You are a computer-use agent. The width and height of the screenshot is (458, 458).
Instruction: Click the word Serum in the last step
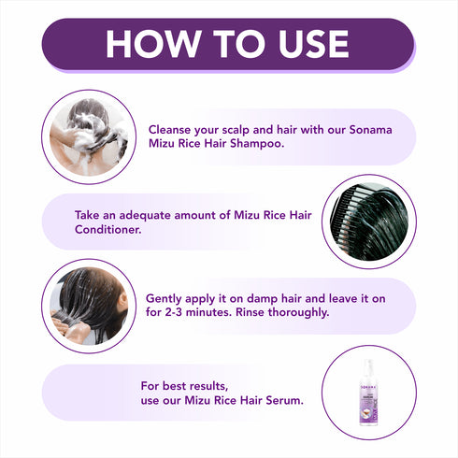[x=279, y=401]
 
